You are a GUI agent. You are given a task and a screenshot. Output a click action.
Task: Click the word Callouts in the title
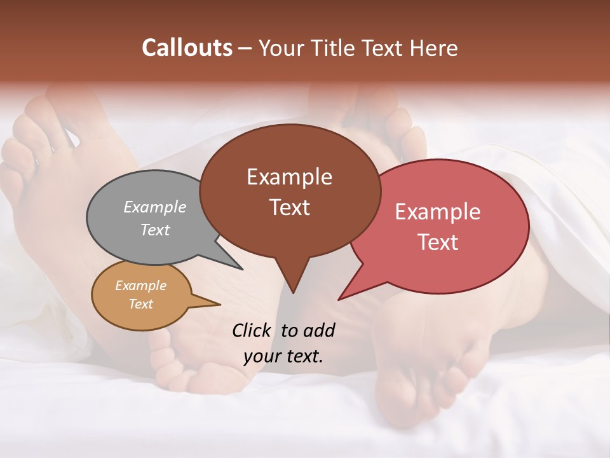pos(187,48)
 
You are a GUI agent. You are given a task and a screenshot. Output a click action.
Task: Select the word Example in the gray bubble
pos(155,207)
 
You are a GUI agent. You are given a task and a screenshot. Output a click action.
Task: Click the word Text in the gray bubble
pos(155,230)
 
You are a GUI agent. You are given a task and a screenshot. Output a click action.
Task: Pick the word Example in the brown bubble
pos(289,177)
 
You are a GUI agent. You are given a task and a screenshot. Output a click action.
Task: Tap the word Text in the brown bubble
pos(289,207)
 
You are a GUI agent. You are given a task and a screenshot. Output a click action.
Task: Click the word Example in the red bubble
pos(438,212)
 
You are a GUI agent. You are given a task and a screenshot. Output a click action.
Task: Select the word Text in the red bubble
pos(438,242)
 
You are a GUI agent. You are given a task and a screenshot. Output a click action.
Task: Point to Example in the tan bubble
pos(140,286)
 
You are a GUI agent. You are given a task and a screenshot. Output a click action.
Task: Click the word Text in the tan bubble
pos(140,304)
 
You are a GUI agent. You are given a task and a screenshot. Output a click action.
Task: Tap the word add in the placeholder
pos(319,330)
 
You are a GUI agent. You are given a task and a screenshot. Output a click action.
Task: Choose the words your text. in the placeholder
pos(283,356)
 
